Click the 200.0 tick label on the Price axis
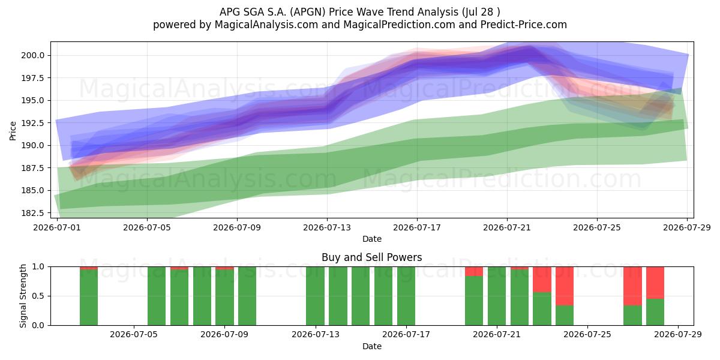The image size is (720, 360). tap(33, 55)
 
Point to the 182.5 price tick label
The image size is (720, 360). tap(33, 213)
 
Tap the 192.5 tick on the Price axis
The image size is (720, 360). tap(33, 123)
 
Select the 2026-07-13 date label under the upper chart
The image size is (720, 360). tap(327, 227)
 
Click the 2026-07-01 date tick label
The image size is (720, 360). tap(57, 227)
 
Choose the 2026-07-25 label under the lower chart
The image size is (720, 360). tap(587, 334)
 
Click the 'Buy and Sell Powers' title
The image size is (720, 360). tap(372, 257)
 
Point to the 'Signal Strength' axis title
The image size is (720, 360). tap(23, 296)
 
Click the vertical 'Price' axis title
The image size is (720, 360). tap(13, 131)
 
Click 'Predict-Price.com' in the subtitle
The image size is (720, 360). tap(524, 25)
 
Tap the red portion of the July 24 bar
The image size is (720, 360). tap(565, 286)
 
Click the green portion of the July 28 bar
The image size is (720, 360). tap(655, 312)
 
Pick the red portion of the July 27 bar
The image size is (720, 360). tap(632, 286)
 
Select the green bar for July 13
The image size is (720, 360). tap(315, 296)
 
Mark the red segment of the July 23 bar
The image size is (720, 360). tap(542, 280)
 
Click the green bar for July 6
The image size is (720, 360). tap(157, 296)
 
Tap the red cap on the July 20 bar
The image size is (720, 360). tap(474, 271)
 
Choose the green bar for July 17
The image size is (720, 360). tap(406, 296)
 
